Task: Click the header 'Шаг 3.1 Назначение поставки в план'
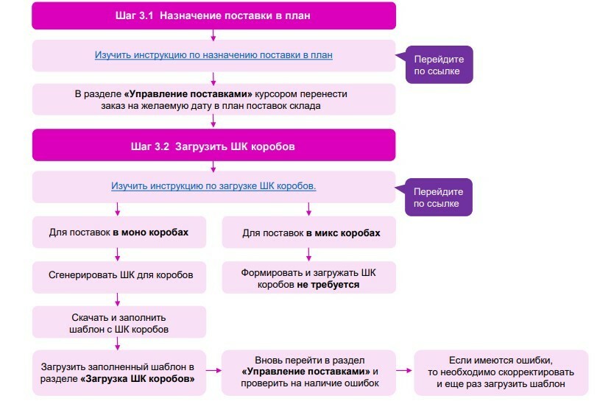[x=214, y=15]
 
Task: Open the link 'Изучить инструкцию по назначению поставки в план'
[x=213, y=55]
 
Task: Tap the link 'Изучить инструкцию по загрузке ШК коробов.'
[x=213, y=186]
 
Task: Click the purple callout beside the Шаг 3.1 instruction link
[x=439, y=65]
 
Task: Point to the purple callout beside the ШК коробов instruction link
[x=438, y=197]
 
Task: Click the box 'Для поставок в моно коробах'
[x=119, y=233]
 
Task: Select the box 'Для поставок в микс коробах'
[x=309, y=233]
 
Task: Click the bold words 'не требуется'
[x=328, y=284]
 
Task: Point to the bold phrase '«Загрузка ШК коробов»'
[x=138, y=379]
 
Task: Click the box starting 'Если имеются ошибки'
[x=501, y=372]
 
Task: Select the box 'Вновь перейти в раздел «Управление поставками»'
[x=309, y=372]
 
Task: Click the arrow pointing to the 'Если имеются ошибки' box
[x=404, y=370]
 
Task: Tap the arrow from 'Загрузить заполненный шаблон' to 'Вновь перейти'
[x=213, y=370]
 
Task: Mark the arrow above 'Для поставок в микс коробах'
[x=308, y=209]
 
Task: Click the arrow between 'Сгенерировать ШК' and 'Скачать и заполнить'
[x=118, y=300]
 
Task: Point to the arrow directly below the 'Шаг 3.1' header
[x=213, y=35]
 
